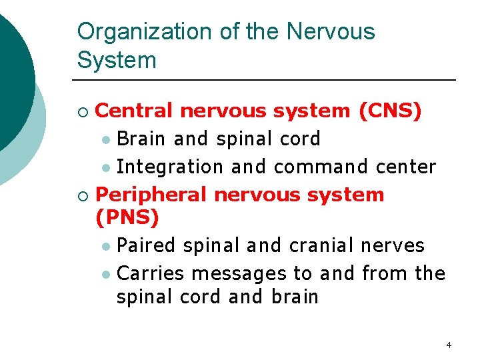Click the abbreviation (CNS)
coord(390,111)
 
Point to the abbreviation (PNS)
coord(127,217)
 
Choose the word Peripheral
coord(152,195)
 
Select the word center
coord(406,167)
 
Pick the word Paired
coord(146,245)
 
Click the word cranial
coord(322,245)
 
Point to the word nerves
coord(393,245)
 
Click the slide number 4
coord(449,345)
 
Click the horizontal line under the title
coord(267,80)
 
